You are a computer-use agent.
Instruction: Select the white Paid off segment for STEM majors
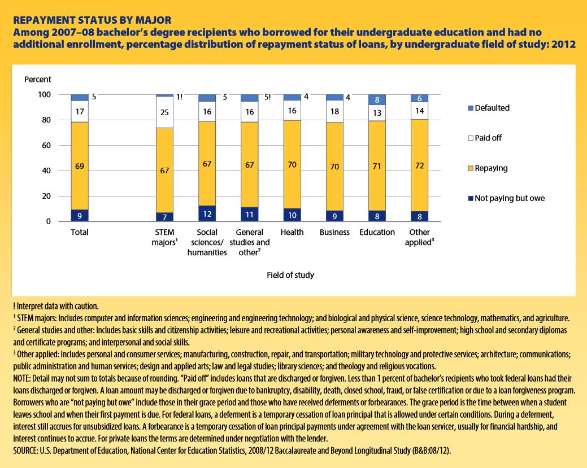164,120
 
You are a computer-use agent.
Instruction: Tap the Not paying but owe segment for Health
292,215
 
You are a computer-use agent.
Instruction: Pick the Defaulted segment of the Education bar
377,99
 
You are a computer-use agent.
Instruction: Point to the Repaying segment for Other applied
419,165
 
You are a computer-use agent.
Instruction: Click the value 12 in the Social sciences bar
207,214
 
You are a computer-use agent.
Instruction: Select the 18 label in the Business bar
334,111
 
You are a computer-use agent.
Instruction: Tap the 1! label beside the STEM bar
180,97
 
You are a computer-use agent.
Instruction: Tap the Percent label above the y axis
37,80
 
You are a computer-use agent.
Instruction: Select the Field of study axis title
290,275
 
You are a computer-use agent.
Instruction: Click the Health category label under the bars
292,232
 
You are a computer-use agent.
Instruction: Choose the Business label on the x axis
334,232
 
